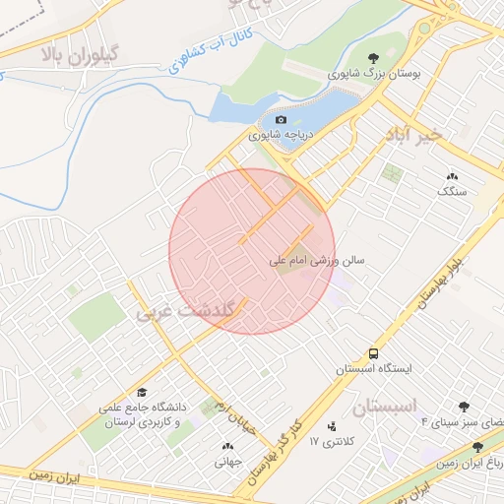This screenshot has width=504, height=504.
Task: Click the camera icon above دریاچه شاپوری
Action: pyautogui.click(x=281, y=119)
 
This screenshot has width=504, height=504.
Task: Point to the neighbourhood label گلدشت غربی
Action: pyautogui.click(x=188, y=312)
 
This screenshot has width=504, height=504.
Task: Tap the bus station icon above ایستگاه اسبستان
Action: pyautogui.click(x=373, y=352)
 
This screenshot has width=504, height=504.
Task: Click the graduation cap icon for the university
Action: pyautogui.click(x=142, y=391)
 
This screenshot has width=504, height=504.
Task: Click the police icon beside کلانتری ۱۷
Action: pyautogui.click(x=331, y=426)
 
